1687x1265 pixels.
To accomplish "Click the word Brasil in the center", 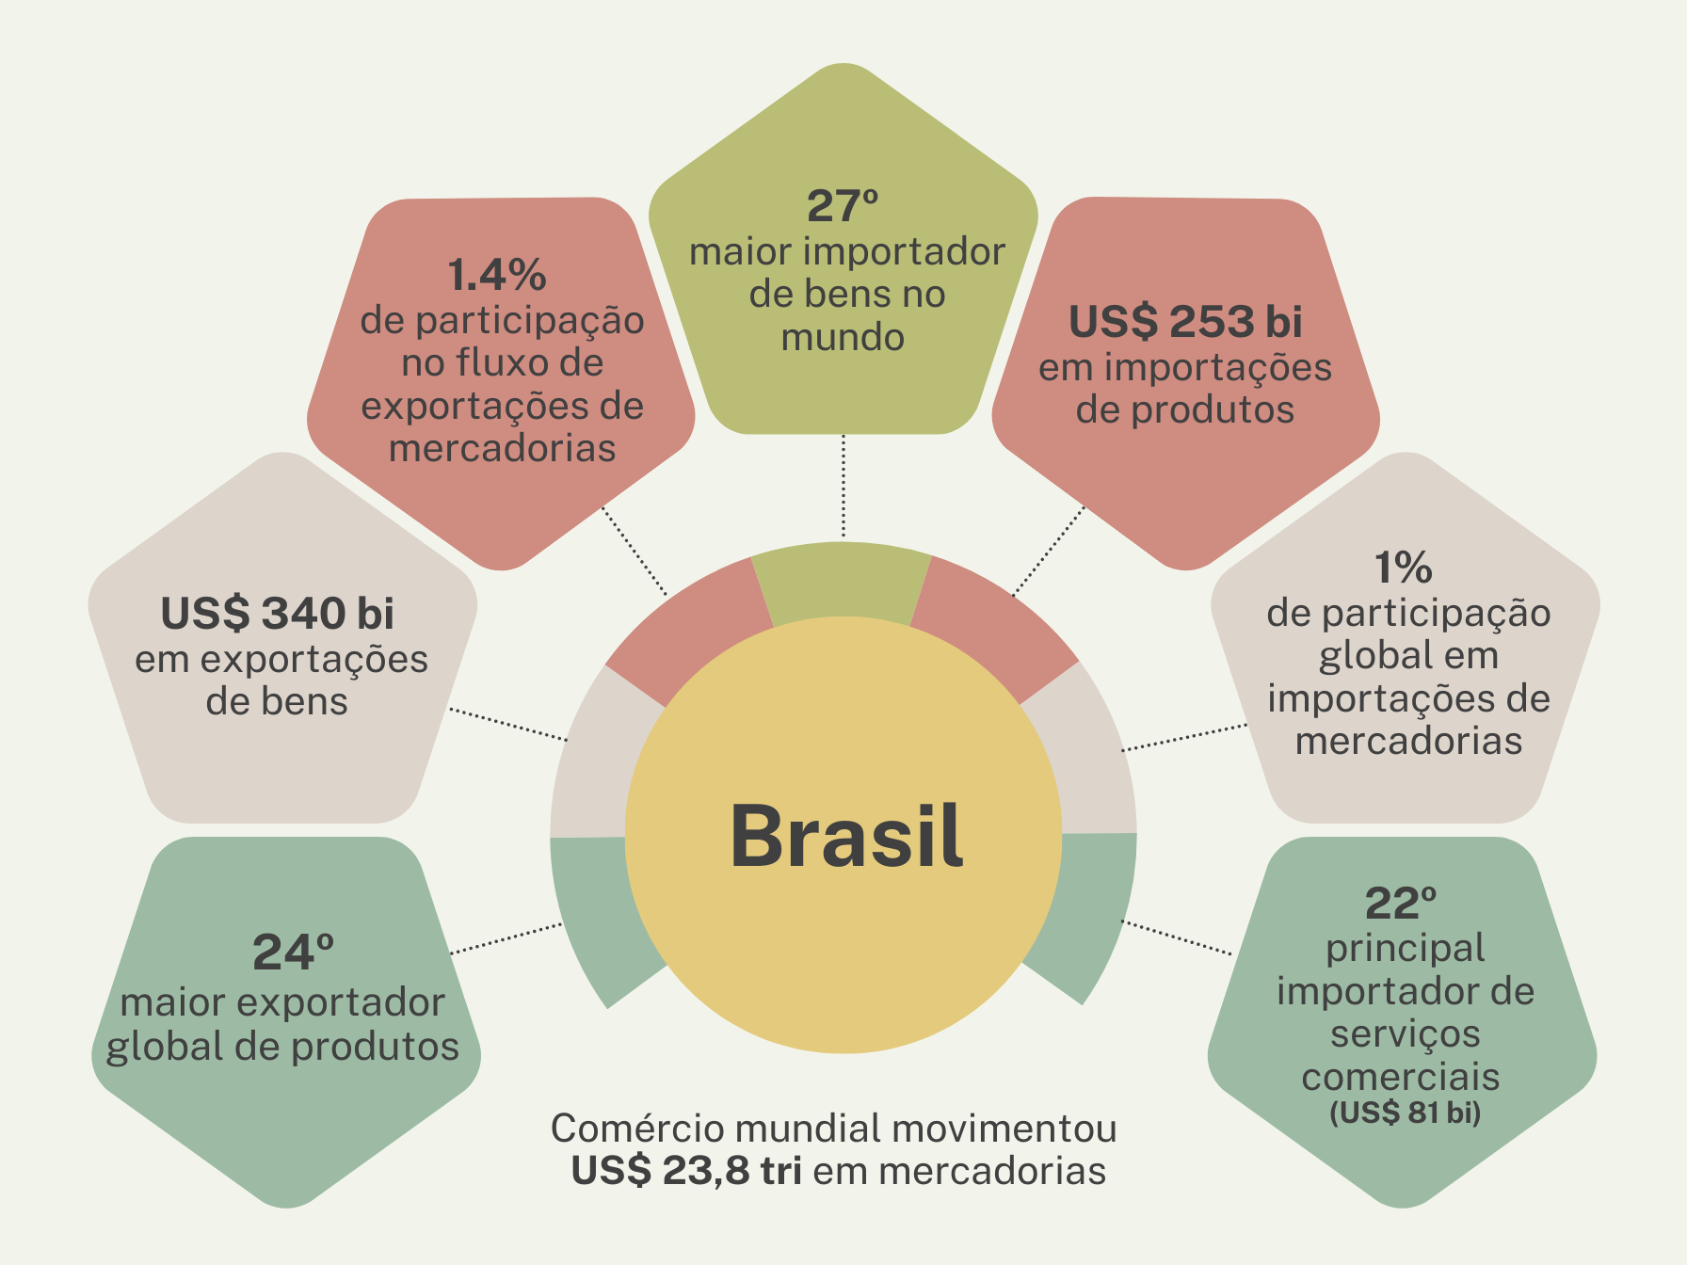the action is pos(846,836).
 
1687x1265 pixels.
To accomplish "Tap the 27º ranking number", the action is pos(843,206).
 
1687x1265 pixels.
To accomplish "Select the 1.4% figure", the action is pos(497,275).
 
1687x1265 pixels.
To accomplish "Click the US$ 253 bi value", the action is pos(1185,322).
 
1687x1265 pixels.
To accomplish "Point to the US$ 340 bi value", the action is pos(277,614).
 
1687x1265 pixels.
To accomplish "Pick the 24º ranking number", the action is pos(293,953).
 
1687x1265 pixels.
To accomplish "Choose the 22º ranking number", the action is pos(1401,904).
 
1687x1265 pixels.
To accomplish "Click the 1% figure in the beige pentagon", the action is pos(1403,568).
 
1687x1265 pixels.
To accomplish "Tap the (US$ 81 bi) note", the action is pos(1405,1113).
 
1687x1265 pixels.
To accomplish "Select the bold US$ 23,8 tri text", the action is pos(686,1171).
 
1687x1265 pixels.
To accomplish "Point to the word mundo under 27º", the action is pos(843,337).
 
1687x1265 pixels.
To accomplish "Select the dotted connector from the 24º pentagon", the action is pos(506,938).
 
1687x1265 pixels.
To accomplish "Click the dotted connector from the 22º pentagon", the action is pos(1177,937).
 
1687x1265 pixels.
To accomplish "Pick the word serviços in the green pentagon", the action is pos(1405,1033).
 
